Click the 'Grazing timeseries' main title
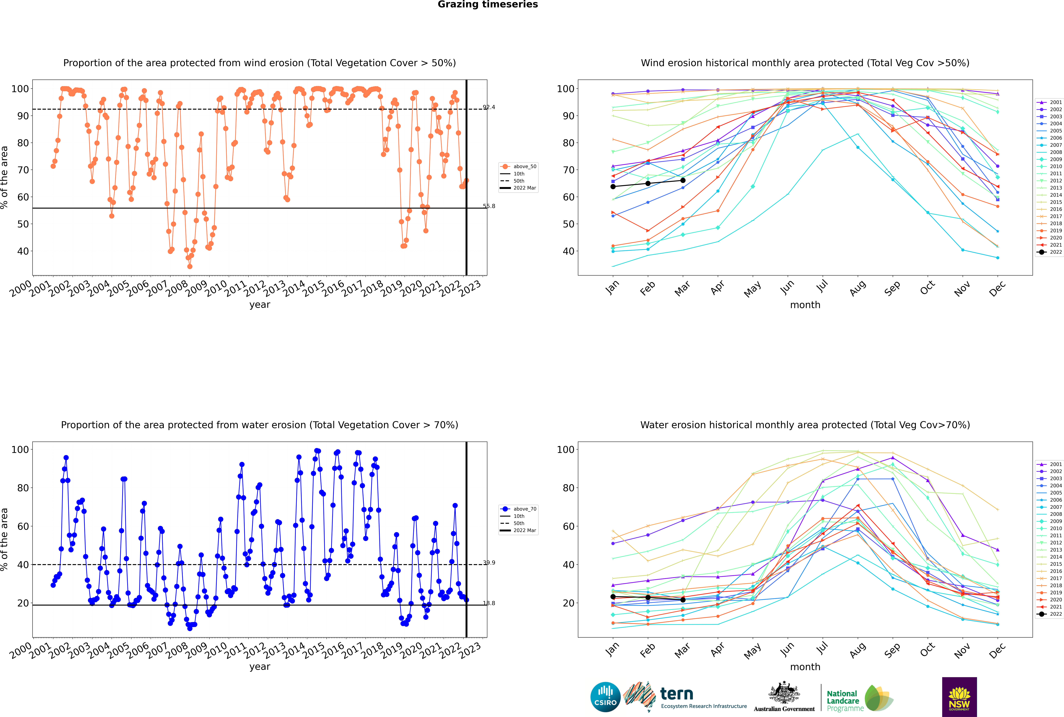pyautogui.click(x=488, y=5)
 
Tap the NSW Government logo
pyautogui.click(x=959, y=697)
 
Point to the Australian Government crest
pyautogui.click(x=784, y=692)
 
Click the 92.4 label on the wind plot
pyautogui.click(x=489, y=107)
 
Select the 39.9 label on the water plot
pyautogui.click(x=489, y=562)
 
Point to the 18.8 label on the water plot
pyautogui.click(x=489, y=603)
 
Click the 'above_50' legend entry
pyautogui.click(x=518, y=166)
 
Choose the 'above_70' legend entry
pyautogui.click(x=518, y=509)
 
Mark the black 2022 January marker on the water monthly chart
pyautogui.click(x=613, y=597)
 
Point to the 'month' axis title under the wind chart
pyautogui.click(x=805, y=305)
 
